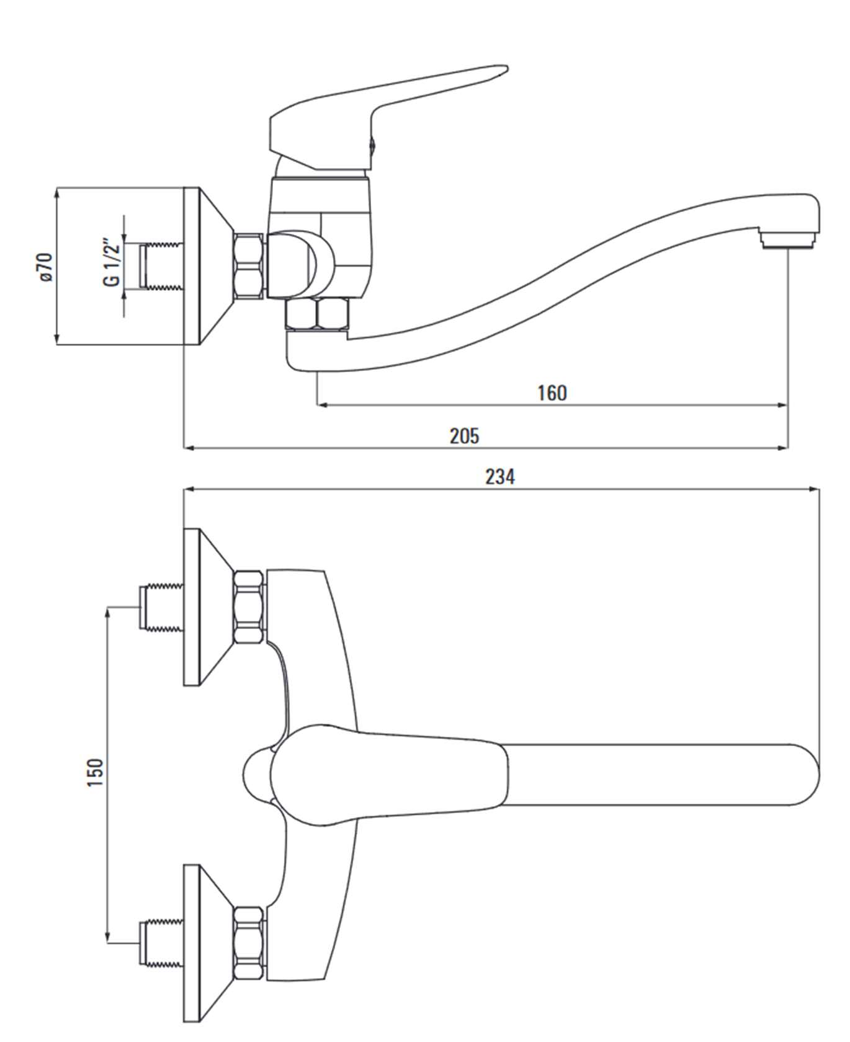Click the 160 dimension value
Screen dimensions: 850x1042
[x=552, y=393]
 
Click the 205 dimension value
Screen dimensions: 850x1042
[x=464, y=435]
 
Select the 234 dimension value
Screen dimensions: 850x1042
[x=499, y=476]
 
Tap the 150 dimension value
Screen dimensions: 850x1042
[x=95, y=773]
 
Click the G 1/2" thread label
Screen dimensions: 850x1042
[x=112, y=261]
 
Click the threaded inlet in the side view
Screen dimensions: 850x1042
[x=160, y=267]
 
